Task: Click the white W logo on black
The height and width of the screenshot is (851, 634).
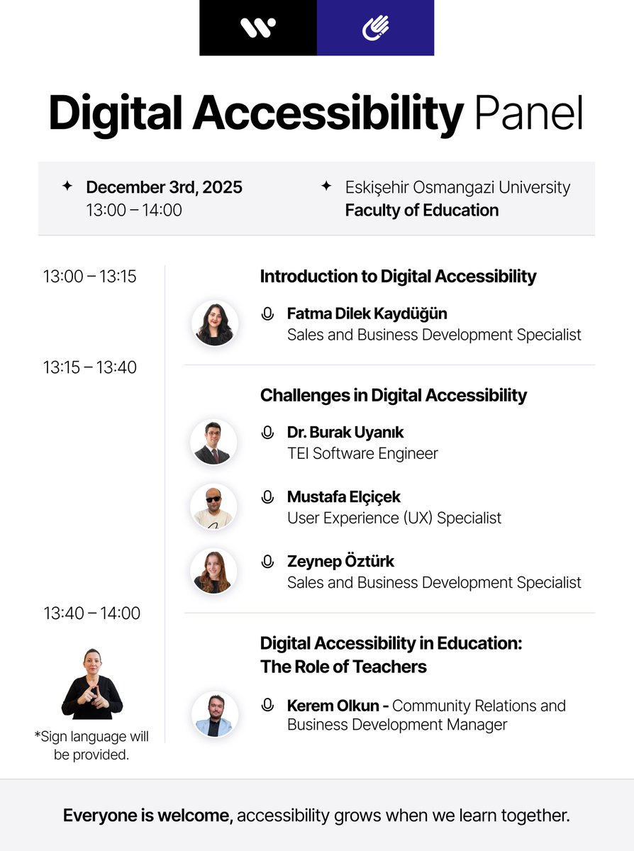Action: point(258,28)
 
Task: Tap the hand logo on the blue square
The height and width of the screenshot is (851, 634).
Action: point(375,28)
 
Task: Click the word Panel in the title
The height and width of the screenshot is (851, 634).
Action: point(529,113)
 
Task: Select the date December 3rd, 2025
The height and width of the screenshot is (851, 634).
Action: point(164,187)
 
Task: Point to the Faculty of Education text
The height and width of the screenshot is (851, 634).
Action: point(421,210)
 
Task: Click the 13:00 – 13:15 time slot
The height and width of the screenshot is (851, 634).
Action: point(89,277)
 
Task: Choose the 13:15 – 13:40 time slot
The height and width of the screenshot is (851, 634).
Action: point(89,367)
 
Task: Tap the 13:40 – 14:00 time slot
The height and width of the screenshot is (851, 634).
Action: point(91,613)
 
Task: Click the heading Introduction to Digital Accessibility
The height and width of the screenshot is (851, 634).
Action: point(398,277)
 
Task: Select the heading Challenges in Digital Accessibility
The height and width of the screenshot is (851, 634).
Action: point(393,395)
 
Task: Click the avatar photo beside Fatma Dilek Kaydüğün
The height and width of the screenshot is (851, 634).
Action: point(214,323)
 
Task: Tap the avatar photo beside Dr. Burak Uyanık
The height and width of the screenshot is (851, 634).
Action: point(213,443)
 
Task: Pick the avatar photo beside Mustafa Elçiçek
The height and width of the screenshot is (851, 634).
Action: point(213,507)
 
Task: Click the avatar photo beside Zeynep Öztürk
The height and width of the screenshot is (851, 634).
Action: point(213,572)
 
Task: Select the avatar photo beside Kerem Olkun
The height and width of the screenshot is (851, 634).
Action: point(214,715)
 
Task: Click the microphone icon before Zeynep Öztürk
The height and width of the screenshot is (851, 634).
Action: point(267,562)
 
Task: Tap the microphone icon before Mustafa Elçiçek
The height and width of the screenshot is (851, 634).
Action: point(267,497)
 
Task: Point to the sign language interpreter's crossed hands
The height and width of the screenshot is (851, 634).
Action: point(91,694)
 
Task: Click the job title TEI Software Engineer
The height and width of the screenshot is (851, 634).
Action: point(362,453)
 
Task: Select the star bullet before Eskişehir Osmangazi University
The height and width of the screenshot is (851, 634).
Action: point(326,186)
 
